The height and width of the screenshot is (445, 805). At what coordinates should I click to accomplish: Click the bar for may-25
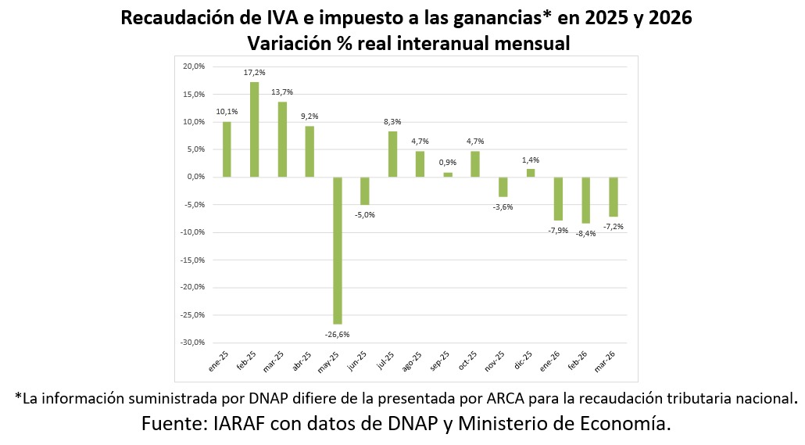[338, 251]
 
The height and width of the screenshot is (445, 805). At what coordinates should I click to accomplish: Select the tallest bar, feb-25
[255, 130]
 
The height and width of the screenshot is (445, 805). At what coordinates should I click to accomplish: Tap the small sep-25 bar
[448, 174]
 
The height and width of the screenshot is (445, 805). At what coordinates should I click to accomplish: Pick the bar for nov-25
[503, 187]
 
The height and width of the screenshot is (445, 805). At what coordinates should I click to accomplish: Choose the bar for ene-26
[558, 199]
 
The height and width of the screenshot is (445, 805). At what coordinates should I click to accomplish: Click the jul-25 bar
[393, 154]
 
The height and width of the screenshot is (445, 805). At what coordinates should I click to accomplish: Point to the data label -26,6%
[338, 335]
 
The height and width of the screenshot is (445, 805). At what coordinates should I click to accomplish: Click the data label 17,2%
[255, 73]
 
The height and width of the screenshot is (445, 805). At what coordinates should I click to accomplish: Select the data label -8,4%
[586, 234]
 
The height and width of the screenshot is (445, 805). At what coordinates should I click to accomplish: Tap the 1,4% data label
[531, 160]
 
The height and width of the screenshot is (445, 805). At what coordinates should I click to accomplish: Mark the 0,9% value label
[448, 163]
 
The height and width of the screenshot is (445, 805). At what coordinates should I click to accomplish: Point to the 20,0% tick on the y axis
[194, 66]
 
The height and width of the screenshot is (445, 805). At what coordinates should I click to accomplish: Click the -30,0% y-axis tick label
[192, 343]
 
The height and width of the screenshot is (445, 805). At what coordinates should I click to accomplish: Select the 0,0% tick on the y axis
[195, 177]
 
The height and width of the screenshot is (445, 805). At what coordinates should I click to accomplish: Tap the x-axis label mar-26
[605, 362]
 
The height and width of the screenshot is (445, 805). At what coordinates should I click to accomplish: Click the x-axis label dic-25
[523, 362]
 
